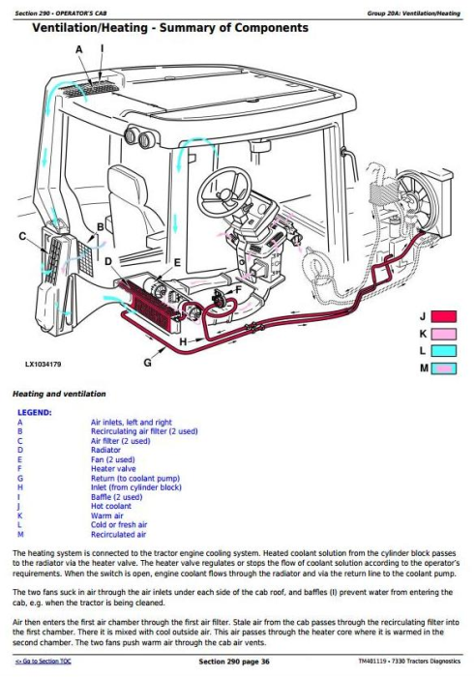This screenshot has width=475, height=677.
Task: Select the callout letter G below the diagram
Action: [147, 363]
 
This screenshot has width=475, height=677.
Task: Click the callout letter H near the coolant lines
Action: [184, 341]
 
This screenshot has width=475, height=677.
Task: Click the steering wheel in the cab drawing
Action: [224, 193]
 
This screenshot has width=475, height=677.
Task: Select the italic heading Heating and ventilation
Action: [58, 394]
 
